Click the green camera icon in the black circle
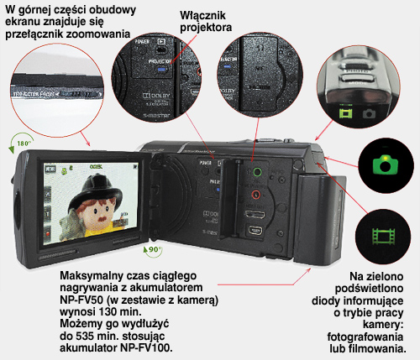coord(386,164)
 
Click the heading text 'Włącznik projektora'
coord(207,22)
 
